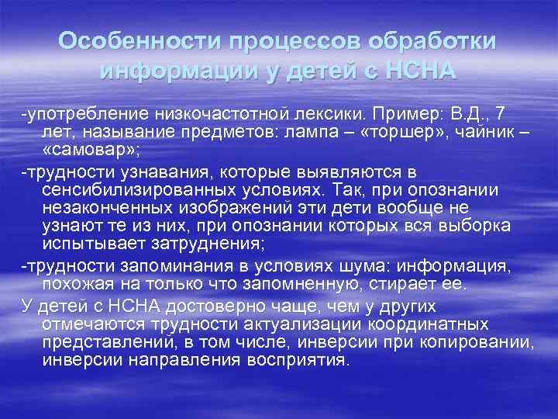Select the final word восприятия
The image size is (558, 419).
(298, 362)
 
